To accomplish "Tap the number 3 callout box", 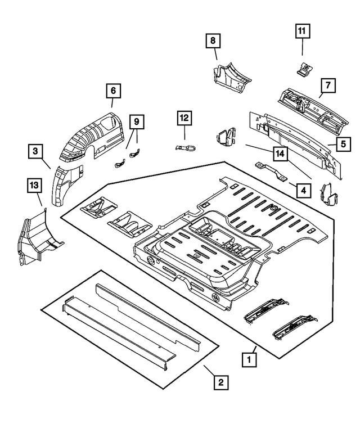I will click(x=35, y=151).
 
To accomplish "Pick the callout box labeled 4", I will click(x=303, y=191).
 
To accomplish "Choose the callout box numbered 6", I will click(x=112, y=90).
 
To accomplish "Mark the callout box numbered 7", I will click(x=328, y=85).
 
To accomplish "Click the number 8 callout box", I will click(x=213, y=40).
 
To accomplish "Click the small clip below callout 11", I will click(x=304, y=69).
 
